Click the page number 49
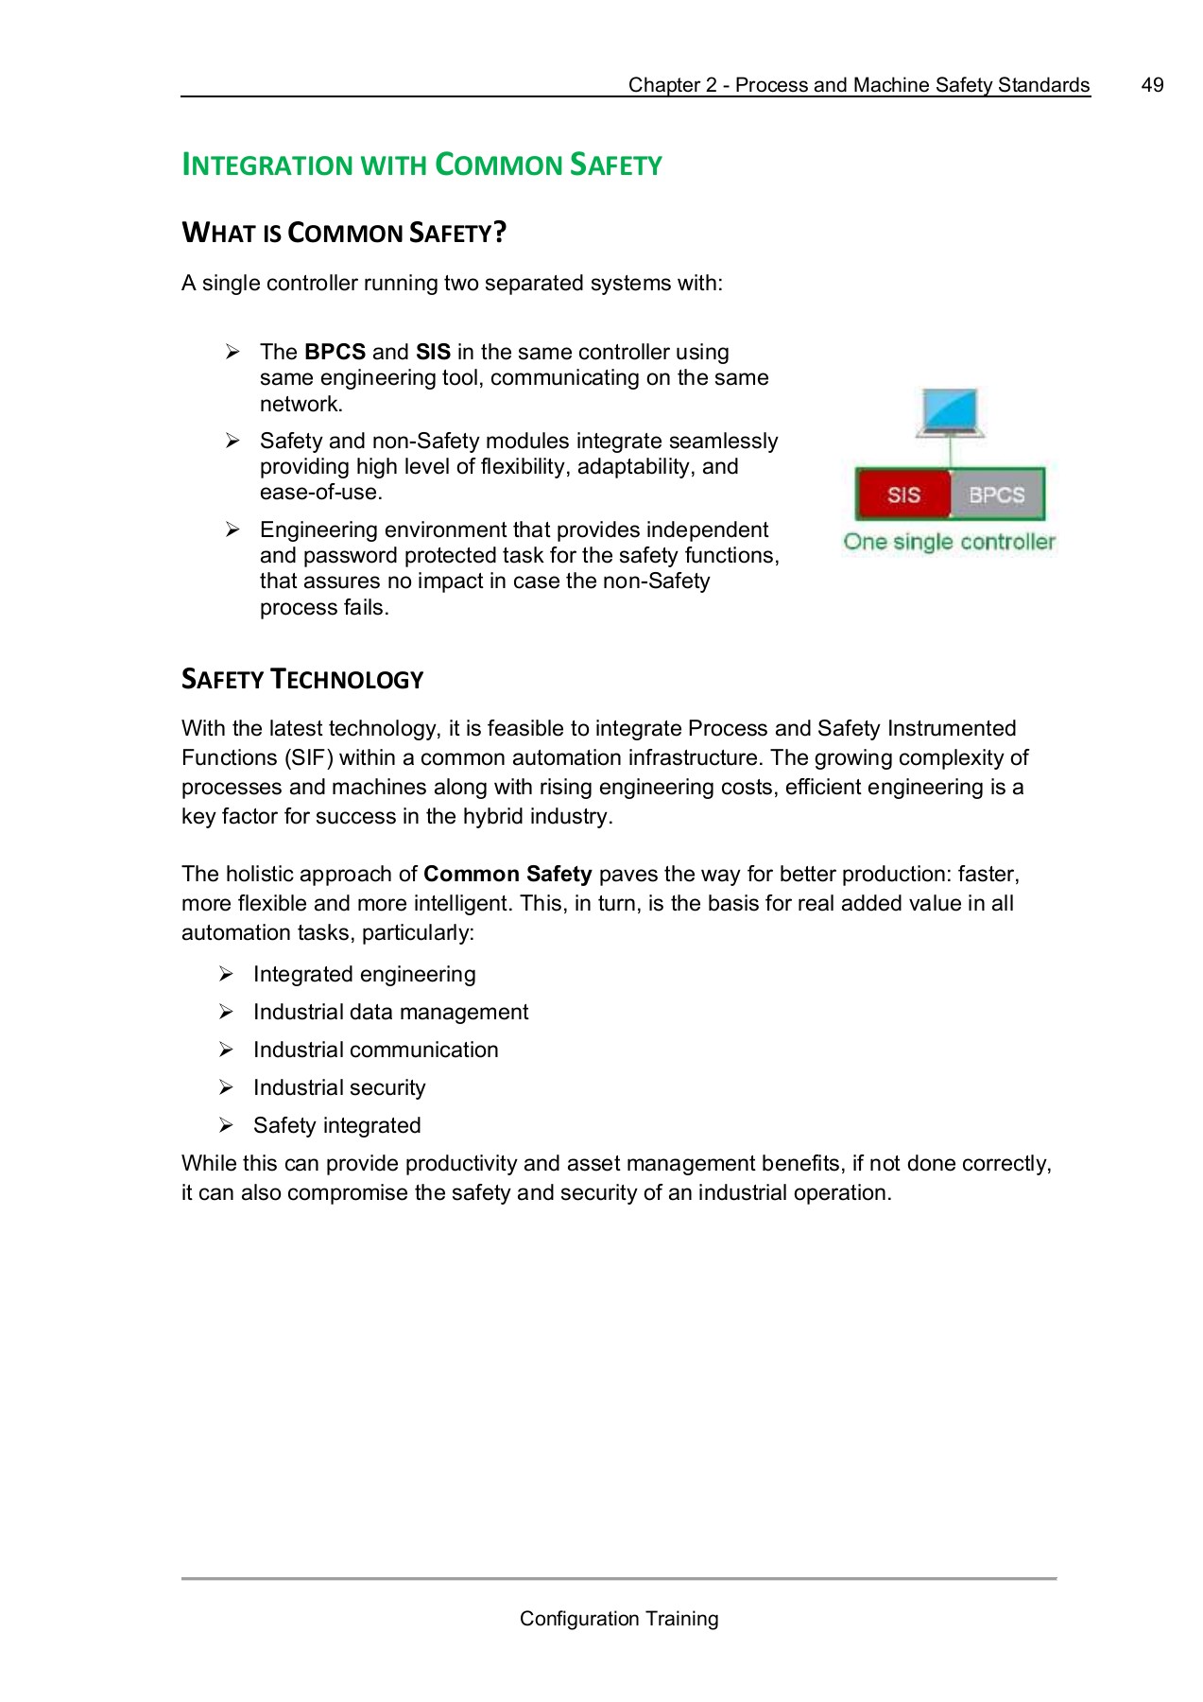[1152, 85]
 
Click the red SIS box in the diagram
[903, 495]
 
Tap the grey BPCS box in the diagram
[996, 495]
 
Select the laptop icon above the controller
[951, 413]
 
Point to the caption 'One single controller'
[949, 542]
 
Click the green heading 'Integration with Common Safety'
[421, 165]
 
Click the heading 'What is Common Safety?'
[344, 233]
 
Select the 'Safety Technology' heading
[302, 680]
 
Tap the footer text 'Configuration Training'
[619, 1619]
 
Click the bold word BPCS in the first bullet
[335, 353]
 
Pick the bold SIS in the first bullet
[433, 353]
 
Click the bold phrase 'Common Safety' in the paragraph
[507, 874]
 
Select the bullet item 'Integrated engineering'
[364, 974]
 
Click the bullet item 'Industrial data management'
[390, 1012]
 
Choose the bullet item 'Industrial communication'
[375, 1050]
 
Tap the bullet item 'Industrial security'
[339, 1087]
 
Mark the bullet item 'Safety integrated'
[336, 1125]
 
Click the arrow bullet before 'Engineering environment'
[232, 530]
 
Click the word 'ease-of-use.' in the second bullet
[320, 493]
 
